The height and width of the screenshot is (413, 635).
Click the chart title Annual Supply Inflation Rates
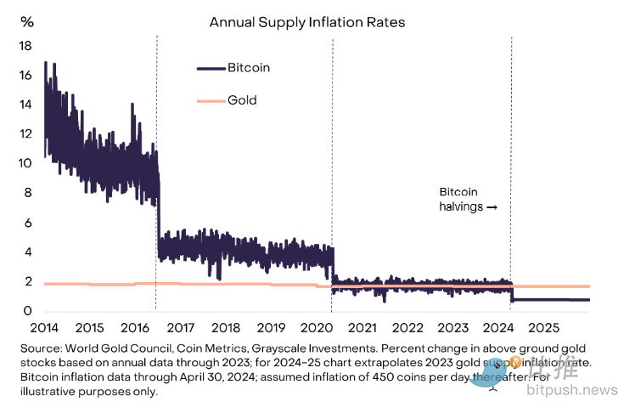[x=306, y=22]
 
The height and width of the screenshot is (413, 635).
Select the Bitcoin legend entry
[x=249, y=67]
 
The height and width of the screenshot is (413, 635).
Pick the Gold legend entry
[x=242, y=100]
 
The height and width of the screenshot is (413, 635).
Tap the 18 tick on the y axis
[x=25, y=45]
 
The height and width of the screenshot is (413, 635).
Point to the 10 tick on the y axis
[x=25, y=163]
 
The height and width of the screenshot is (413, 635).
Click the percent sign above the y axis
[x=26, y=21]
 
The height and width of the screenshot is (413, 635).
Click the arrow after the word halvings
[x=492, y=206]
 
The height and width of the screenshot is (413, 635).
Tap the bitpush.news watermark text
[x=583, y=389]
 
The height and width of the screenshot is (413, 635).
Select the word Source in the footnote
[x=60, y=348]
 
